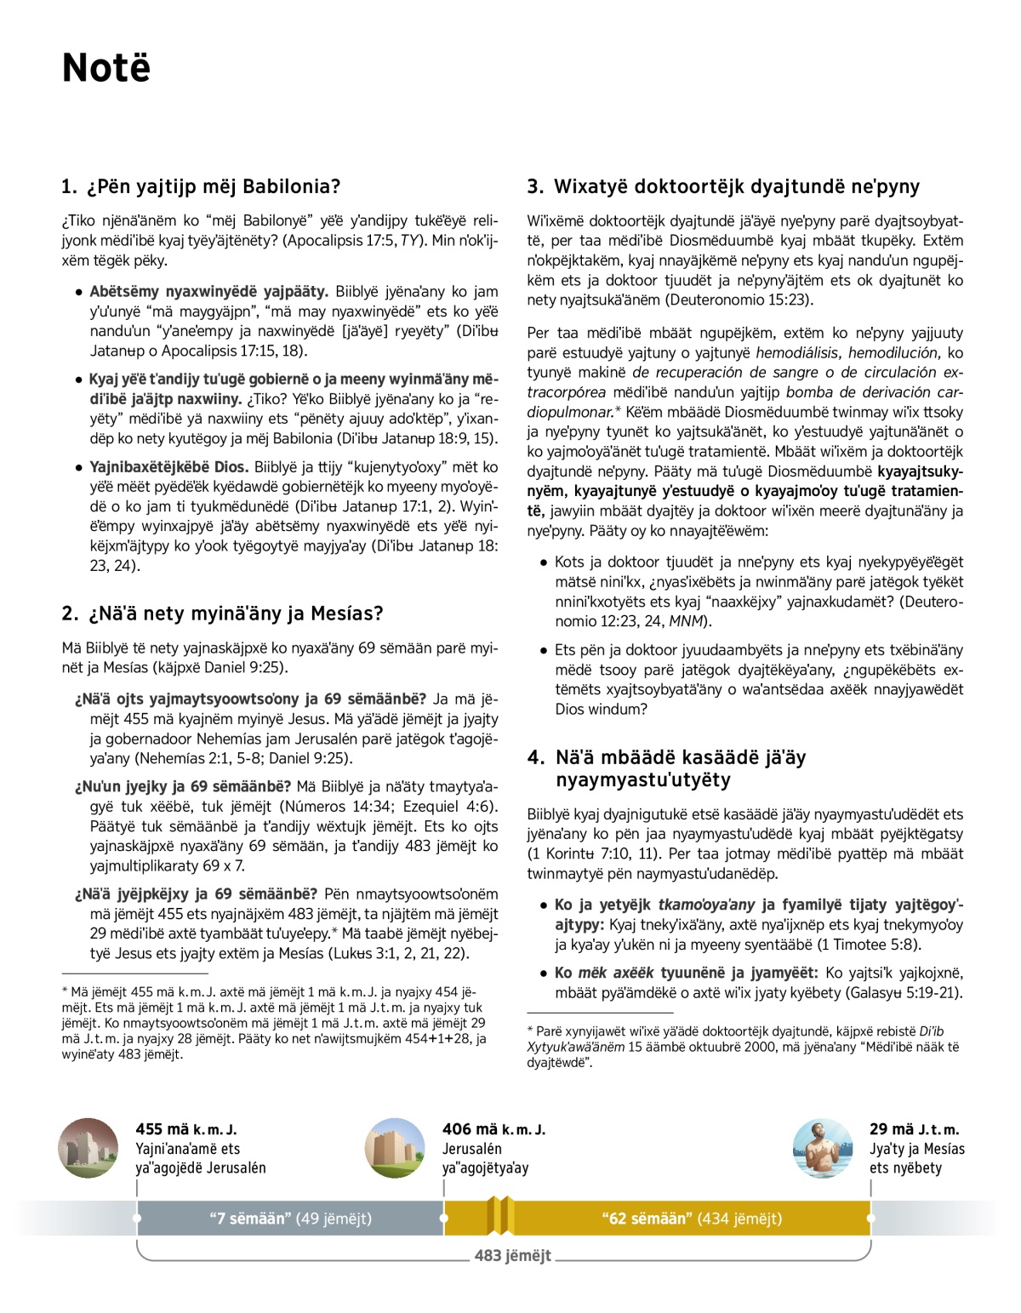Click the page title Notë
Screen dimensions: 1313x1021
pos(106,68)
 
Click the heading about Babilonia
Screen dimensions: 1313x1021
pos(201,186)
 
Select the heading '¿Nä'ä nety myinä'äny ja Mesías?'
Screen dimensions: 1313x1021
pos(222,614)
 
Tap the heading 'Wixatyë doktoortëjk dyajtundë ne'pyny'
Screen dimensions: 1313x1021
pos(723,186)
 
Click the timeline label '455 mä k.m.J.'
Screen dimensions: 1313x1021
pos(185,1129)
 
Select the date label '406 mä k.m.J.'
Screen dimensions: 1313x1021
pos(493,1129)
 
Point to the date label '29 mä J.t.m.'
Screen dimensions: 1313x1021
pos(914,1129)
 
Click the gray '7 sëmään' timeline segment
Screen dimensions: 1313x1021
pos(290,1219)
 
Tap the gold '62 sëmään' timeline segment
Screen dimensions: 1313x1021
pos(691,1219)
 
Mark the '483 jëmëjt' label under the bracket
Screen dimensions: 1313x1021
pos(512,1255)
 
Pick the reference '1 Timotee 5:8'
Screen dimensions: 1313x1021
pos(873,945)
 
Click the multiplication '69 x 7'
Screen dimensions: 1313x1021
pos(224,865)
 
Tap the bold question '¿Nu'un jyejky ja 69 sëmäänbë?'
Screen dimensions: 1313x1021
pos(182,786)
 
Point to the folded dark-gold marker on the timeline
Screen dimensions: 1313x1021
pos(500,1216)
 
